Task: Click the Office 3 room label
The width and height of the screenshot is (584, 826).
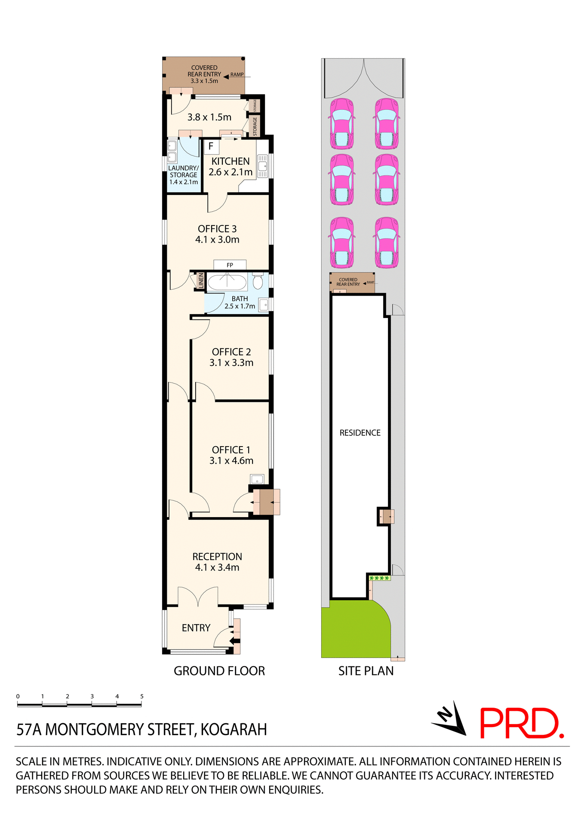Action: [x=217, y=234]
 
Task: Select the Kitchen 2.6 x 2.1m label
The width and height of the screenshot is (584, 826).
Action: [x=231, y=166]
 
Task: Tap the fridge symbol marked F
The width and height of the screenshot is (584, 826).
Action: [x=211, y=146]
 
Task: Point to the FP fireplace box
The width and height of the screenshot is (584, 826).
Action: [x=230, y=265]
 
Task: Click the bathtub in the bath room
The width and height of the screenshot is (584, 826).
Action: [x=227, y=283]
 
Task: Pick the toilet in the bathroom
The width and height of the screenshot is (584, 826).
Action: [x=258, y=281]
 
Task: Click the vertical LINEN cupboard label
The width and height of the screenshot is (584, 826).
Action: [x=200, y=281]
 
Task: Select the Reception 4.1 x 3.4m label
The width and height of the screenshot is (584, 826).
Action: [x=217, y=562]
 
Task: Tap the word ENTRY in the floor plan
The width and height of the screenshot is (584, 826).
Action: [x=196, y=628]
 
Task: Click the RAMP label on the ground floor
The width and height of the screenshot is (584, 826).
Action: [x=237, y=74]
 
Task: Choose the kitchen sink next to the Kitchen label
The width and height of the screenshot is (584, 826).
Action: [x=262, y=166]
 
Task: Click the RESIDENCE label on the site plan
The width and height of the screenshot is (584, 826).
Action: [x=360, y=433]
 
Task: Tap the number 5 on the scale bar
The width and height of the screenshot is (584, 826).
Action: [x=141, y=696]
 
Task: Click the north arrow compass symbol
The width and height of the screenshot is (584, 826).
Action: [x=451, y=719]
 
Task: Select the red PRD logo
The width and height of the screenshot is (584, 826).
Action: [x=521, y=723]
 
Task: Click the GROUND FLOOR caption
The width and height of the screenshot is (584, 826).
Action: [x=219, y=671]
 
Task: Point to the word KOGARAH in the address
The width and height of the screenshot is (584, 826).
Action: [x=234, y=730]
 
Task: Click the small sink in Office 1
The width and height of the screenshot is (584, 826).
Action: [x=257, y=479]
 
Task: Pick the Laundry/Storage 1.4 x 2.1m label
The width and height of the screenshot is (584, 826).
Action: [x=184, y=175]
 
